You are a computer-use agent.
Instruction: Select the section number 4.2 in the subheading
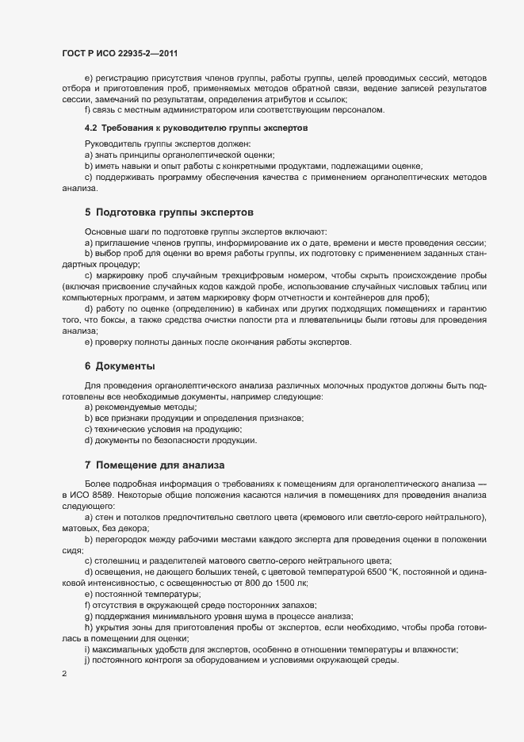pos(91,128)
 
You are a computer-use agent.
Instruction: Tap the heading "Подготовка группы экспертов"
pos(174,212)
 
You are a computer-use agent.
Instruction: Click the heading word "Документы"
pos(125,366)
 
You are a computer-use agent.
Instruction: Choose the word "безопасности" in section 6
pos(180,439)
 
